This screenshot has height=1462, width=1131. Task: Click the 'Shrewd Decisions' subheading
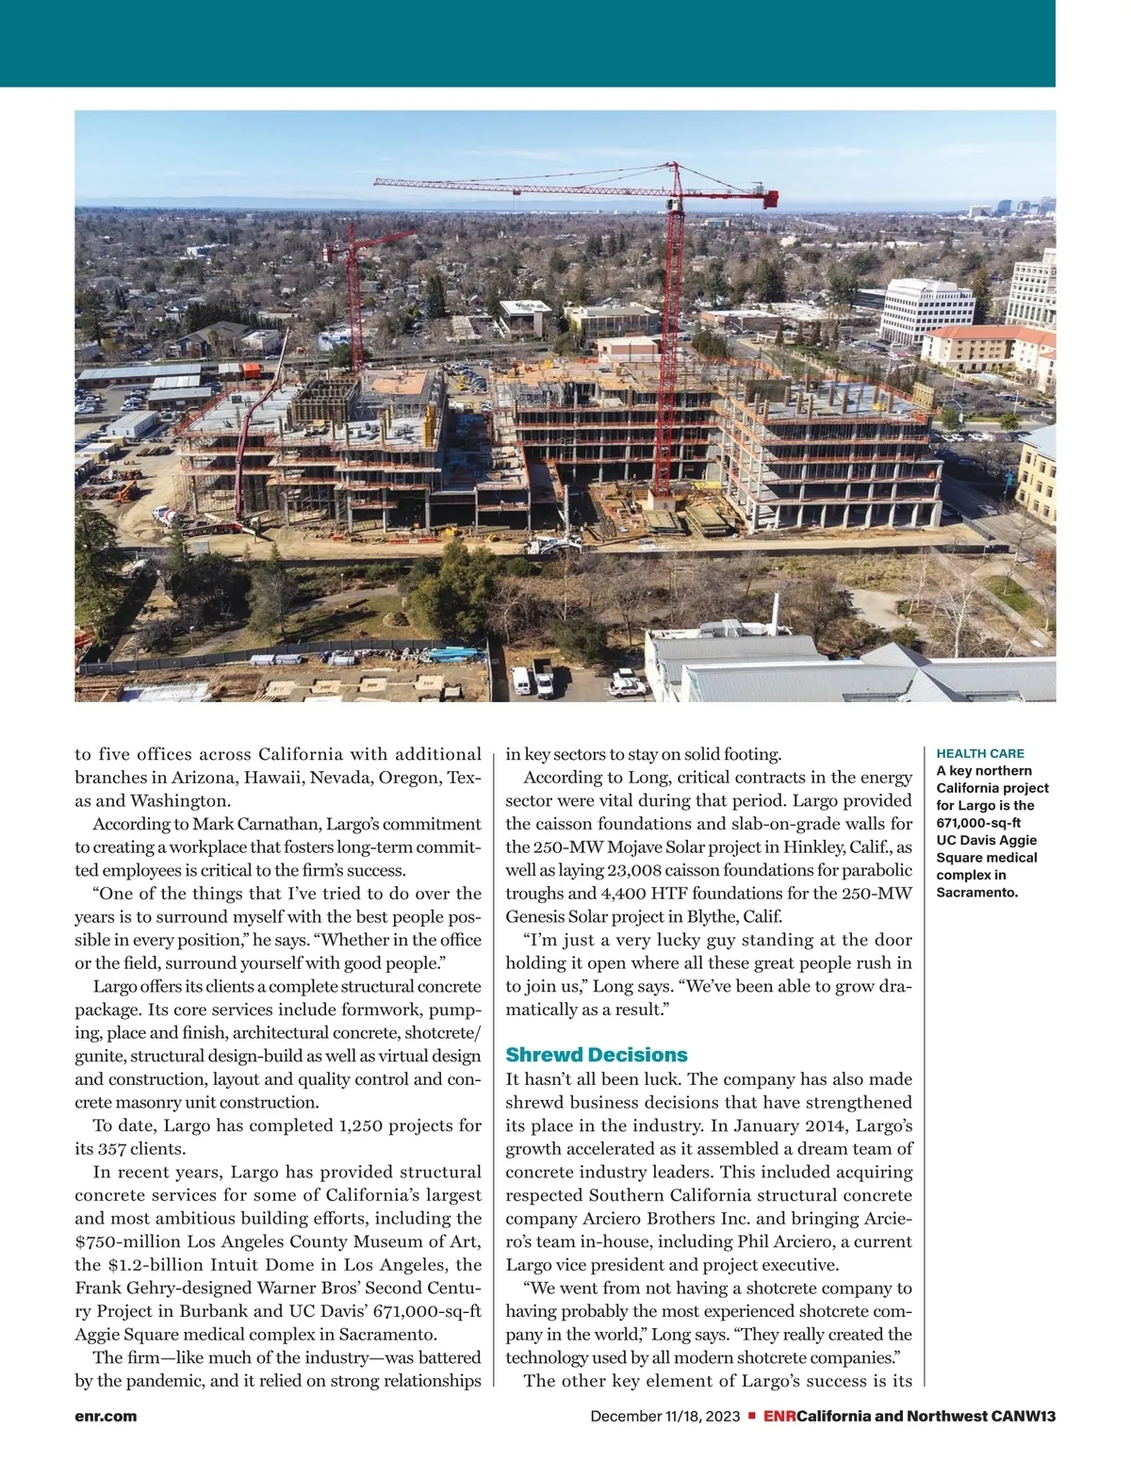point(597,1055)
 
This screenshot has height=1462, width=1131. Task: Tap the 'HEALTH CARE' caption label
point(979,753)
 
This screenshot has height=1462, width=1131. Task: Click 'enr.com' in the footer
point(106,1416)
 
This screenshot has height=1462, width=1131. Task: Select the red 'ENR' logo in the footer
point(779,1416)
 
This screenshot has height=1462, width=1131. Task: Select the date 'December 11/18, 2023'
point(665,1416)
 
